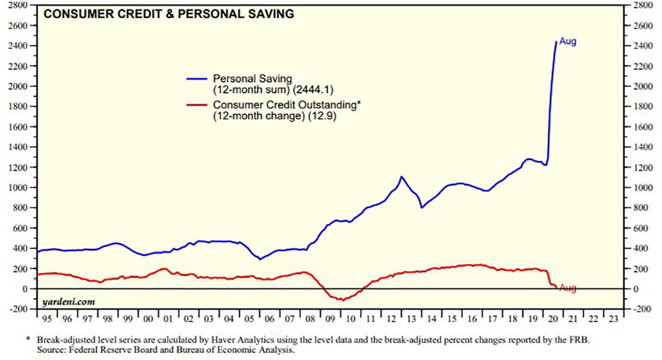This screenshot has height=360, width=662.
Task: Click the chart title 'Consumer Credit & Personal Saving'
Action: point(168,14)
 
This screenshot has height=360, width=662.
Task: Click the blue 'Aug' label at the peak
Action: point(568,41)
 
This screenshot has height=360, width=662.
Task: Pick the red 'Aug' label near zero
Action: point(568,288)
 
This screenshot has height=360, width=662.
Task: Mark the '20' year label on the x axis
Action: point(552,318)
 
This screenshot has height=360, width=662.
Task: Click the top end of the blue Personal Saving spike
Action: point(556,41)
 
